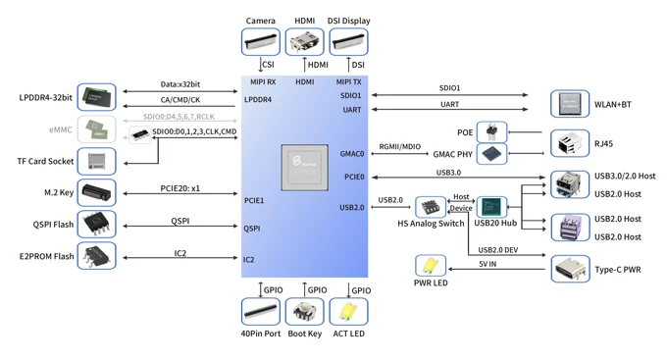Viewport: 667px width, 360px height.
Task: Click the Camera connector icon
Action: pos(261,42)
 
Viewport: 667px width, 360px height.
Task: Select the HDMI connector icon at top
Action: pos(304,42)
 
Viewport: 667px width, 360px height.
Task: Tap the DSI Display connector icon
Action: pos(348,42)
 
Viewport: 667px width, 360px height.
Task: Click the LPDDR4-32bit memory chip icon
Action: pos(96,97)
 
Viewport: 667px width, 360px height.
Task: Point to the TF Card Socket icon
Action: pos(96,161)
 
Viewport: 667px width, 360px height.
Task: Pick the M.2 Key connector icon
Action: pos(96,192)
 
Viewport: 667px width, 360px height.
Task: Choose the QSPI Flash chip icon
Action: pos(96,225)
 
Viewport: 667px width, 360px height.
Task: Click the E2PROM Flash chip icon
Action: pos(96,256)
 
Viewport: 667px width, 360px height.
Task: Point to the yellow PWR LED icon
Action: pos(430,266)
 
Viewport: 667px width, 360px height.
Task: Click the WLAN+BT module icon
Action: pos(569,104)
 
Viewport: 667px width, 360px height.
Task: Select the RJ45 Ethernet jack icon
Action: pos(569,143)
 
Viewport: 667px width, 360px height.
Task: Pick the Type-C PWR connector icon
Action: pos(569,269)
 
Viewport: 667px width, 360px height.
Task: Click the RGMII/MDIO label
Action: pos(399,147)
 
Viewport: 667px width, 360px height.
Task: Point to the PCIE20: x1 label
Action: pos(180,187)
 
